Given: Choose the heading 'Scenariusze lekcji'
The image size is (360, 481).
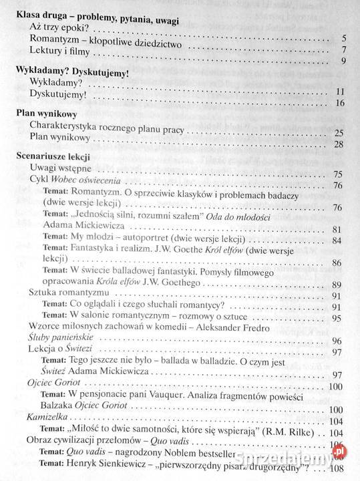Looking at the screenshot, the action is click(x=53, y=158).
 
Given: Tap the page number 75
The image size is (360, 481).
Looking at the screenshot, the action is click(x=337, y=175).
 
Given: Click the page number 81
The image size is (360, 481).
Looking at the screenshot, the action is click(x=337, y=230).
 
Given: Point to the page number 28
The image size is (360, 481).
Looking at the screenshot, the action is click(x=337, y=145).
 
